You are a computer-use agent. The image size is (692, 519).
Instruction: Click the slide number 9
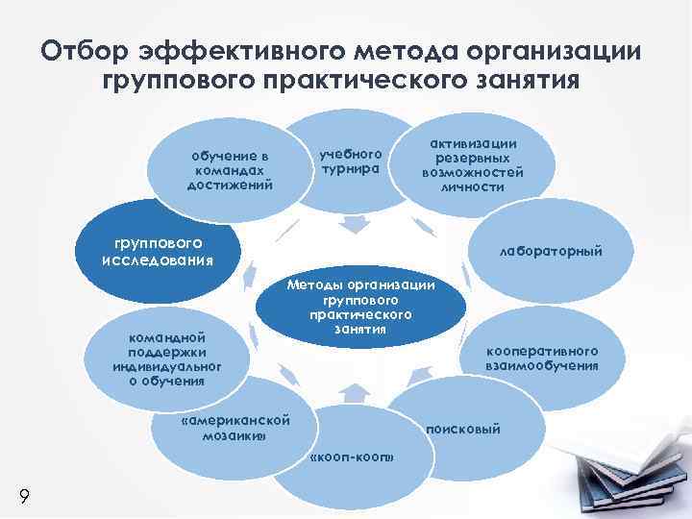23,496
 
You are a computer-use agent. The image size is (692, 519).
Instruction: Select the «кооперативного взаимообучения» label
556,358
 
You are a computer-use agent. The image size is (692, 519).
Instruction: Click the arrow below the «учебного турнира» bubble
354,226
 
